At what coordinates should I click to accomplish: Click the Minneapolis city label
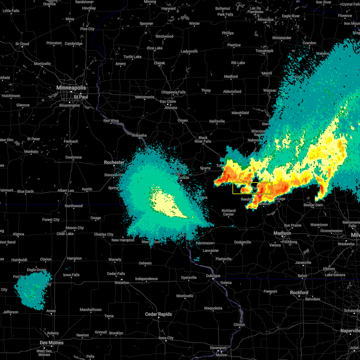[x=71, y=88]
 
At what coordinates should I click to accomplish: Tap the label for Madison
[x=282, y=233]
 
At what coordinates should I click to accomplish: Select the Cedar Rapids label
[x=158, y=314]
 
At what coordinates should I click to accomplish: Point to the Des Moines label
[x=52, y=343]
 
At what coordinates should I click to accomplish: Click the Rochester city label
[x=114, y=162]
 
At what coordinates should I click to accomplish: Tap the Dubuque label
[x=213, y=276]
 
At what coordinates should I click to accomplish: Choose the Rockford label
[x=299, y=292]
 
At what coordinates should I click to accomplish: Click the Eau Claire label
[x=168, y=101]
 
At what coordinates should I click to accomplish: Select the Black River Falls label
[x=203, y=139]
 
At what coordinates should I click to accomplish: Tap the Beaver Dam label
[x=313, y=205]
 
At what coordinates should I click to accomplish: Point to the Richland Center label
[x=228, y=212]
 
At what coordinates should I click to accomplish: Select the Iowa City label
[x=166, y=338]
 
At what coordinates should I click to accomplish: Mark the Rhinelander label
[x=282, y=38]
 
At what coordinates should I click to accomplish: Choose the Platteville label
[x=223, y=259]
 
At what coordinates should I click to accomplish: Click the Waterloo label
[x=121, y=283]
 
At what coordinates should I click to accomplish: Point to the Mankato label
[x=31, y=151]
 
